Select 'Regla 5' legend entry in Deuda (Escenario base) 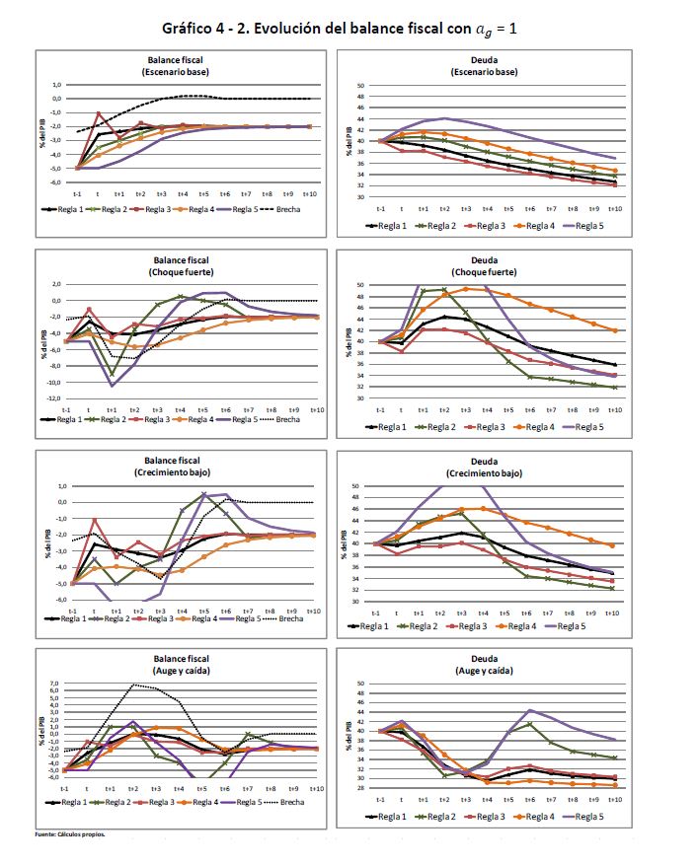coord(585,225)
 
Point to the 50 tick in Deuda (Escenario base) coord(360,86)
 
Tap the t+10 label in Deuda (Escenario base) coord(614,209)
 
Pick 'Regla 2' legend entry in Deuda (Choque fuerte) coord(440,428)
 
